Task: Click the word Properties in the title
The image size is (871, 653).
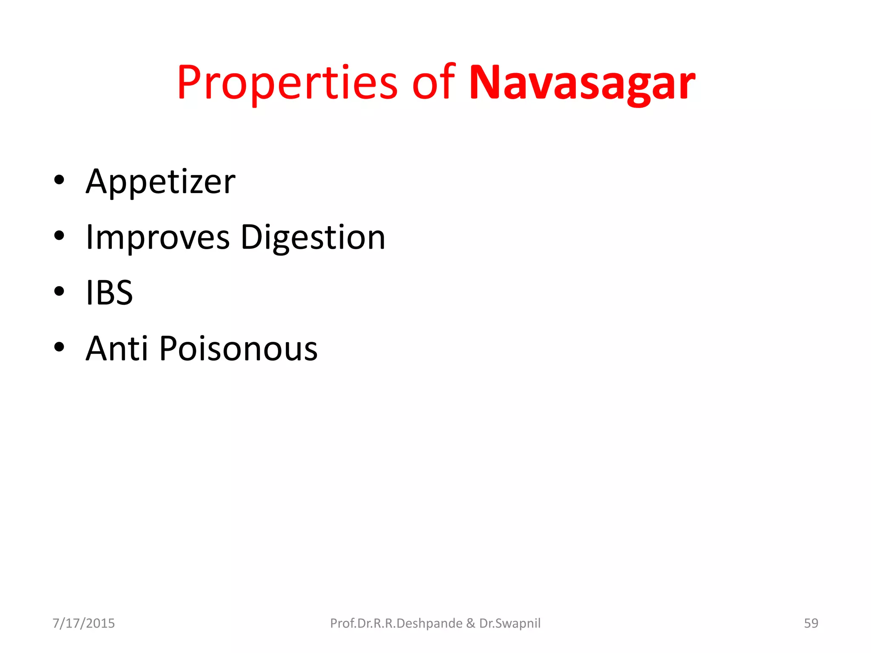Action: pos(287,83)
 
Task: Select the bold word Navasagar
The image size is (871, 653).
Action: pos(582,83)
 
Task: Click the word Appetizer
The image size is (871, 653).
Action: pos(160,182)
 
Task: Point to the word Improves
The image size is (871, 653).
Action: pos(158,238)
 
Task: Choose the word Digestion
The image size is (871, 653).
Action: pos(313,238)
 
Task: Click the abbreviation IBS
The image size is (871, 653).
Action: pos(109,293)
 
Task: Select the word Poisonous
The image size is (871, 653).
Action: pos(239,349)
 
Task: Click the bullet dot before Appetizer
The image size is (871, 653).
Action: pos(59,180)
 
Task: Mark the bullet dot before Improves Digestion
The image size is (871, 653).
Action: pos(59,236)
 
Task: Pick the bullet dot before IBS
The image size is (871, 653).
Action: pos(59,291)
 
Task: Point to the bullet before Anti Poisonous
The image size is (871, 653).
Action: pos(59,347)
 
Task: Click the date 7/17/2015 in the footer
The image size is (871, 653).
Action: pos(84,623)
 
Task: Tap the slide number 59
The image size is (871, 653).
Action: pos(811,623)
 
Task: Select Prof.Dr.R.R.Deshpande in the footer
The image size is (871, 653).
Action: pos(396,623)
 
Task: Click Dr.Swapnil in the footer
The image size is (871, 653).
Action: pos(510,623)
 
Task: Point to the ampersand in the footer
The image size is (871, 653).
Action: pos(470,623)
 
